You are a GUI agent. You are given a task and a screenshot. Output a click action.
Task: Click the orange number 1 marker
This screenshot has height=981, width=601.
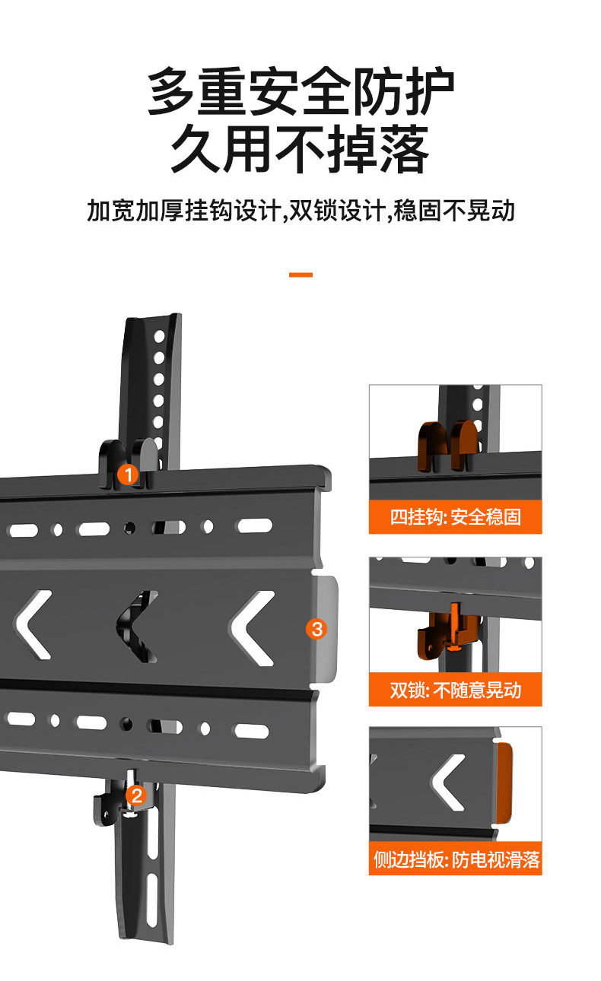click(x=129, y=476)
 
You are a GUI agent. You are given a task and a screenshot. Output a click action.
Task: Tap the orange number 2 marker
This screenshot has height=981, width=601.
click(x=137, y=795)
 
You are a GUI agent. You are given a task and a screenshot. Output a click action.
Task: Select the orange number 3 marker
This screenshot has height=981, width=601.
click(x=316, y=629)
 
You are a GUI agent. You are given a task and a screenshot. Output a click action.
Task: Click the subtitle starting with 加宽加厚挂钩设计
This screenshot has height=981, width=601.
click(x=300, y=211)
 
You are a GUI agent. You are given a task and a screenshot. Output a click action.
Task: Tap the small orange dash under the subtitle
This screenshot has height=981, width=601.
click(x=300, y=274)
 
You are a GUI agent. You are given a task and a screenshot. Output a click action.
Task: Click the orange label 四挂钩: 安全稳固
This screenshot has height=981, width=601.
click(x=455, y=518)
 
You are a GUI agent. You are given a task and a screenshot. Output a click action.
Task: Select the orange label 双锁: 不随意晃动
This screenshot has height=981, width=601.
click(x=455, y=691)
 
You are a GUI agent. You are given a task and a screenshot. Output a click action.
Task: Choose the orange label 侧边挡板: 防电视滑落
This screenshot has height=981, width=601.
click(x=455, y=860)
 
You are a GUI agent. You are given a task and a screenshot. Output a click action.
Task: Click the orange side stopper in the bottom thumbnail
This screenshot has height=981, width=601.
click(x=504, y=784)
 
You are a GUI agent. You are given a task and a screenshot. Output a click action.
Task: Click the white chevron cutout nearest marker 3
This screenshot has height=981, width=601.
click(x=252, y=629)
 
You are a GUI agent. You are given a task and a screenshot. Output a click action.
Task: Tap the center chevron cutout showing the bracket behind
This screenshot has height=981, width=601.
click(x=137, y=627)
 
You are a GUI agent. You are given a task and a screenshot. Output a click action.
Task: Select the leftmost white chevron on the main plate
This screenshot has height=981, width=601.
click(x=33, y=625)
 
